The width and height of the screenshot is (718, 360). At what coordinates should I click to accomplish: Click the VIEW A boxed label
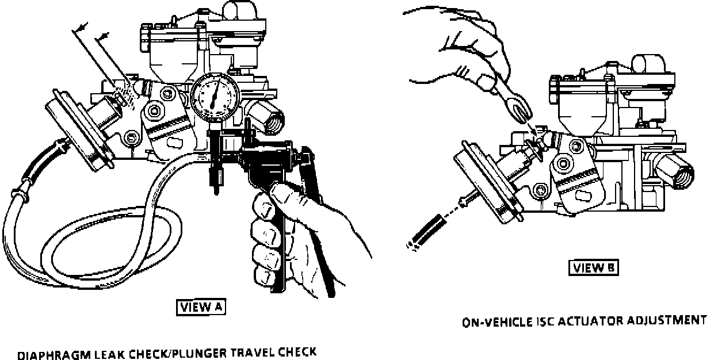[x=201, y=307]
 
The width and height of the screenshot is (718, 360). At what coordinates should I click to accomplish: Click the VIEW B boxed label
[x=594, y=267]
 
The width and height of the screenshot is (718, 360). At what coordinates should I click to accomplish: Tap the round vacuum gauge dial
[x=213, y=94]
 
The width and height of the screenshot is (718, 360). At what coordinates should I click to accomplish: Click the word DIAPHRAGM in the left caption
[x=48, y=355]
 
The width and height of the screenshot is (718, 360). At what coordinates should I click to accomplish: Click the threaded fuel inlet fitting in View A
[x=266, y=115]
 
